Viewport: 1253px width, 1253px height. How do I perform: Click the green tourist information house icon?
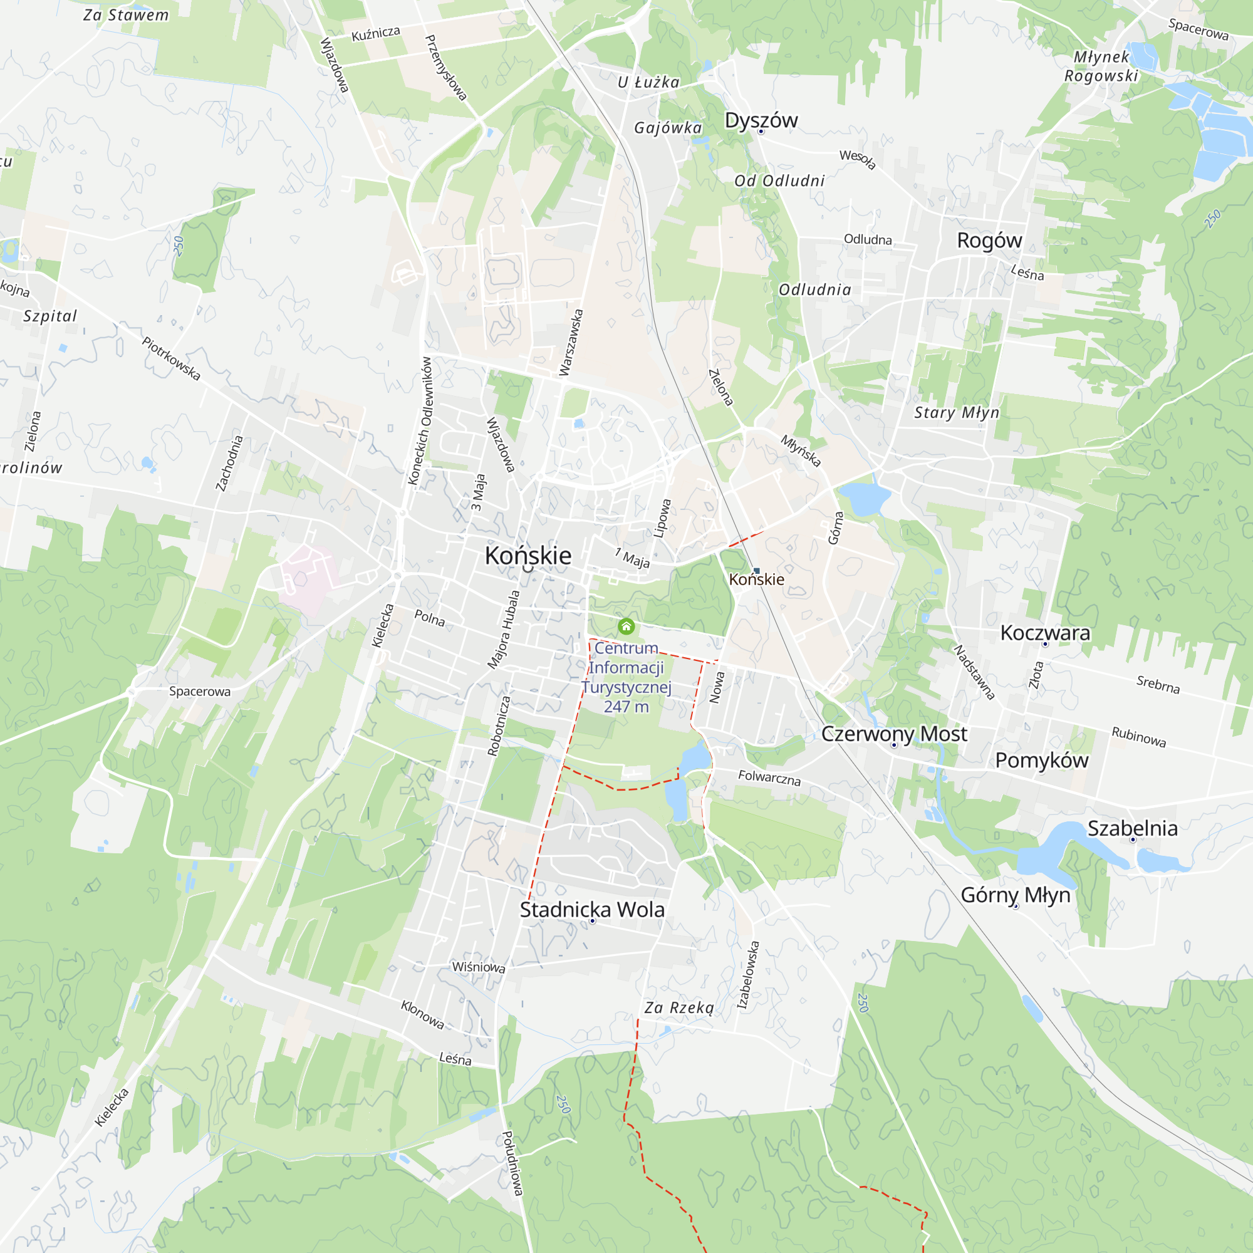(x=626, y=626)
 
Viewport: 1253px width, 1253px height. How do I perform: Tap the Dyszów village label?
(x=761, y=121)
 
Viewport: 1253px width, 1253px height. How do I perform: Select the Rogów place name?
(x=989, y=241)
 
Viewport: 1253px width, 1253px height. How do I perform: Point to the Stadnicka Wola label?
(x=592, y=910)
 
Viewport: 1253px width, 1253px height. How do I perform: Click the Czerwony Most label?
(x=894, y=734)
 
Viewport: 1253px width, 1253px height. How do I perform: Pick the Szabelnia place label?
(x=1132, y=828)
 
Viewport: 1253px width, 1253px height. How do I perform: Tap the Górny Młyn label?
(x=1015, y=895)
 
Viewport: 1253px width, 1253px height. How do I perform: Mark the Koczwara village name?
(x=1045, y=633)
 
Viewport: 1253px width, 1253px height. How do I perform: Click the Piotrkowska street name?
(x=171, y=358)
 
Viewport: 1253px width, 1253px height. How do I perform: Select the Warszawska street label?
(x=571, y=343)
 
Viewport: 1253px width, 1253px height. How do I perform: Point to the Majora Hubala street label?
(x=504, y=629)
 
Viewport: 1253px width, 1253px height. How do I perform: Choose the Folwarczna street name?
(x=769, y=777)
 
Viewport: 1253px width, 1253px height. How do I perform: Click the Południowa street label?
(x=512, y=1163)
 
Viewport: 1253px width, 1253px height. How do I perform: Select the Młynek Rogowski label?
(x=1101, y=66)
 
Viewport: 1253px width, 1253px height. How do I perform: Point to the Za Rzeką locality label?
(x=679, y=1008)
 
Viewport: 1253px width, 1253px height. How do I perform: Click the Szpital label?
(x=50, y=316)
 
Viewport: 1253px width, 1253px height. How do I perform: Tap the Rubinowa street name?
(x=1139, y=737)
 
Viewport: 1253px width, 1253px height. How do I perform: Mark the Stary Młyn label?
(x=957, y=413)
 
